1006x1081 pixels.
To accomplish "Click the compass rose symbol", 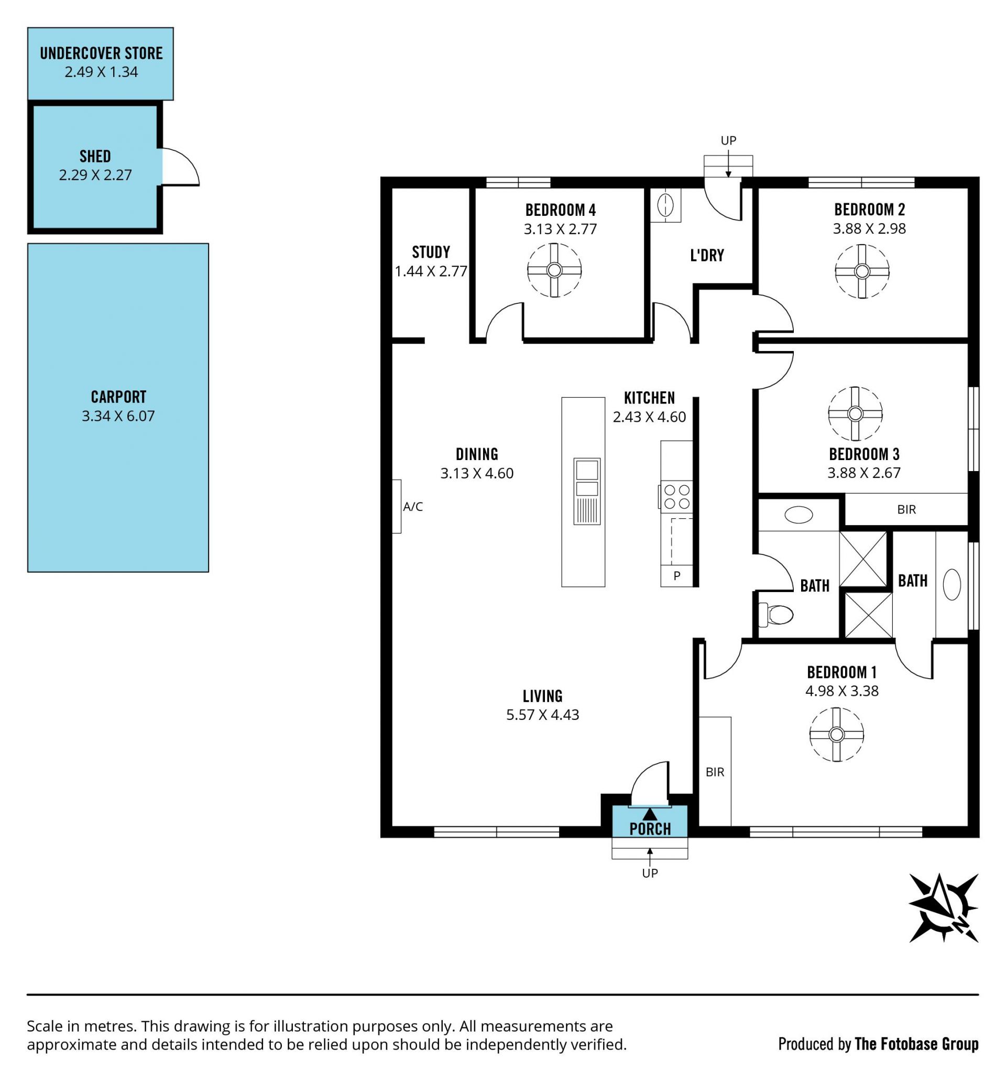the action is [x=943, y=908].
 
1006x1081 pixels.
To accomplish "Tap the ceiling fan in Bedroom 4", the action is [x=554, y=270].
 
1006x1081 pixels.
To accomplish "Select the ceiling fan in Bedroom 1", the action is [x=836, y=735].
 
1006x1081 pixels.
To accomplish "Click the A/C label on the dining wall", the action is [x=413, y=507].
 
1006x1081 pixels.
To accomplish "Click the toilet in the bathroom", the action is [x=775, y=615].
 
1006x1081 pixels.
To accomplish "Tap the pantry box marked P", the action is [x=676, y=576].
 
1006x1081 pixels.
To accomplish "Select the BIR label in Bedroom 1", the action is [x=715, y=772].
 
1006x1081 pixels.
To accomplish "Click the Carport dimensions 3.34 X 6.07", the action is [x=118, y=416].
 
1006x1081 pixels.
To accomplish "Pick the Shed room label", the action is [x=95, y=157].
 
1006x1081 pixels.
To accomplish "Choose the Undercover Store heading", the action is [x=101, y=53].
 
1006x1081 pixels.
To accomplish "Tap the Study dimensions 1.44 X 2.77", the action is [x=431, y=271].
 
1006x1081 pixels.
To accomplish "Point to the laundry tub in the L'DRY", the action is [x=665, y=205].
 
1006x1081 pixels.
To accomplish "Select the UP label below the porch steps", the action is [x=650, y=873].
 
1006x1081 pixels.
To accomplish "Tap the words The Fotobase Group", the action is [x=916, y=1044].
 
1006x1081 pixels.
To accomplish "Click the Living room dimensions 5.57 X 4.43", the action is [x=542, y=715].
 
